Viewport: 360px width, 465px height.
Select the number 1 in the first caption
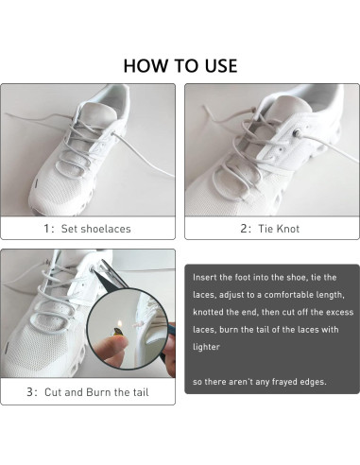[45, 228]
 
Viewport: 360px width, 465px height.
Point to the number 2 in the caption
[243, 228]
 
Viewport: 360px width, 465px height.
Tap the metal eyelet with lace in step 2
[296, 139]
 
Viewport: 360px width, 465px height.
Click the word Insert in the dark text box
[205, 279]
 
